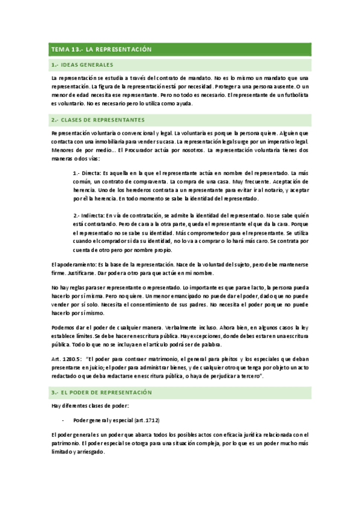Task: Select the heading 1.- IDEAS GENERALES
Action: (x=83, y=64)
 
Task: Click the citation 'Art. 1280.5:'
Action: (x=66, y=358)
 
